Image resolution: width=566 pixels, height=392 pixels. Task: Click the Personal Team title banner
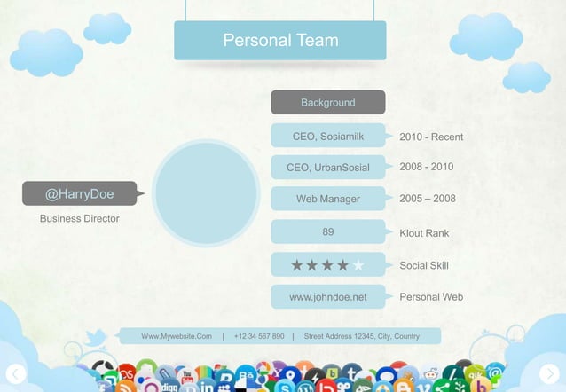[x=280, y=41]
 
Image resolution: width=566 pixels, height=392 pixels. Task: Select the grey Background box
[x=327, y=103]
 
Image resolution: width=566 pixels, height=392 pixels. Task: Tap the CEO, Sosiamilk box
[x=327, y=137]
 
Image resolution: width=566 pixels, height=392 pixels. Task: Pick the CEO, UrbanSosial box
[x=327, y=168]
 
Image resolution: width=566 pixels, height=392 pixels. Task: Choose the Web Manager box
[x=327, y=199]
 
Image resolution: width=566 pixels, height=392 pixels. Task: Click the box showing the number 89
[x=327, y=232]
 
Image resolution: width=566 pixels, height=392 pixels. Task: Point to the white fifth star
[x=358, y=265]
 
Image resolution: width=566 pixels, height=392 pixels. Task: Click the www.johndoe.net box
[x=327, y=297]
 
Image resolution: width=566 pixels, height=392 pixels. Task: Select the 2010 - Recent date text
[x=431, y=137]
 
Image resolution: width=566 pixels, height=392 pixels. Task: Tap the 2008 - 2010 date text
[x=427, y=167]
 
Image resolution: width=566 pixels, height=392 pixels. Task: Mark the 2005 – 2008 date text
[x=428, y=199]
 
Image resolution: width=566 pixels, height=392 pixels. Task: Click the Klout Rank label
[x=424, y=233]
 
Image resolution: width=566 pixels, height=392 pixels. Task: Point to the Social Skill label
[x=424, y=265]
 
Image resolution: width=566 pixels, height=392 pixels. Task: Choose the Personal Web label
[x=431, y=297]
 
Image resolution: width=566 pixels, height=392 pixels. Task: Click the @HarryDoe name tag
[x=79, y=193]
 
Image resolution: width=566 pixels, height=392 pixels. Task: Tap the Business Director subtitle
[x=79, y=218]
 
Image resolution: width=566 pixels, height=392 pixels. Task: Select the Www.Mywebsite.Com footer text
[x=177, y=336]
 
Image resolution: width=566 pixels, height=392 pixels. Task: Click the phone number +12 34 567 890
[x=259, y=336]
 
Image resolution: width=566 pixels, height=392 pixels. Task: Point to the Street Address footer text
[x=362, y=336]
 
